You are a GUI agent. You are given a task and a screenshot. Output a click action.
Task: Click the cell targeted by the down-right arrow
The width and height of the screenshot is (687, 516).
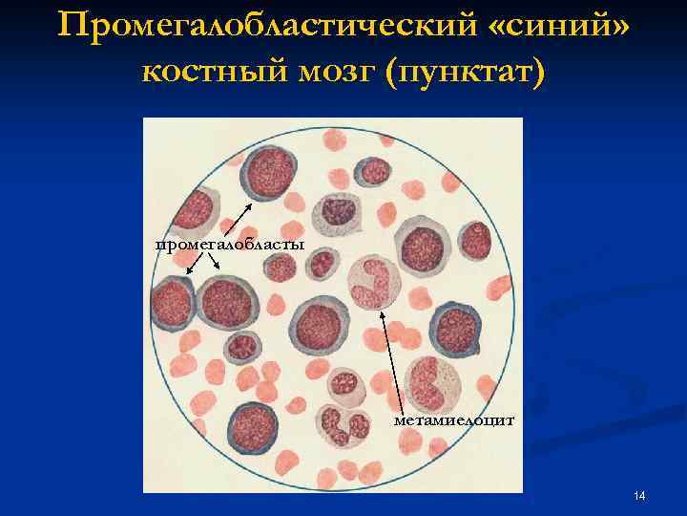pyautogui.click(x=230, y=305)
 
